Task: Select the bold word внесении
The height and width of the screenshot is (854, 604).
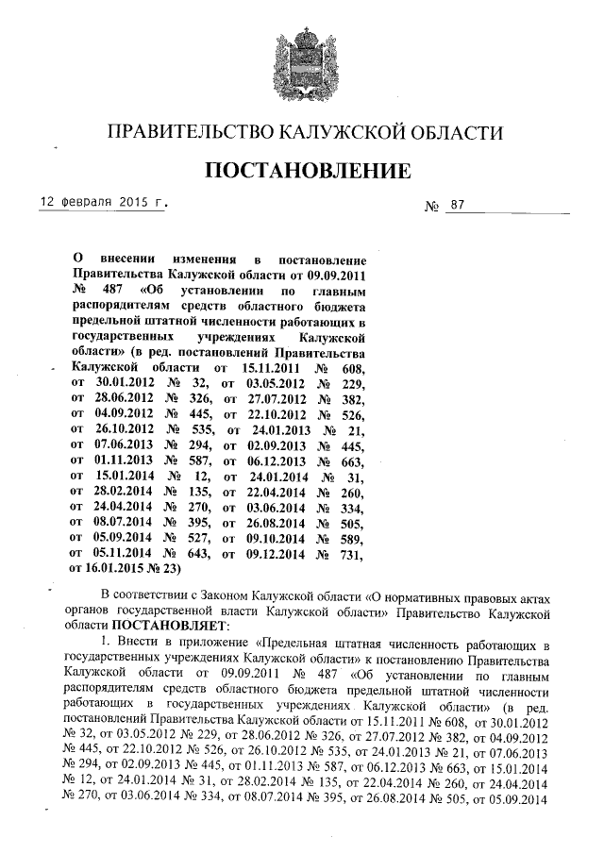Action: tap(126, 258)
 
